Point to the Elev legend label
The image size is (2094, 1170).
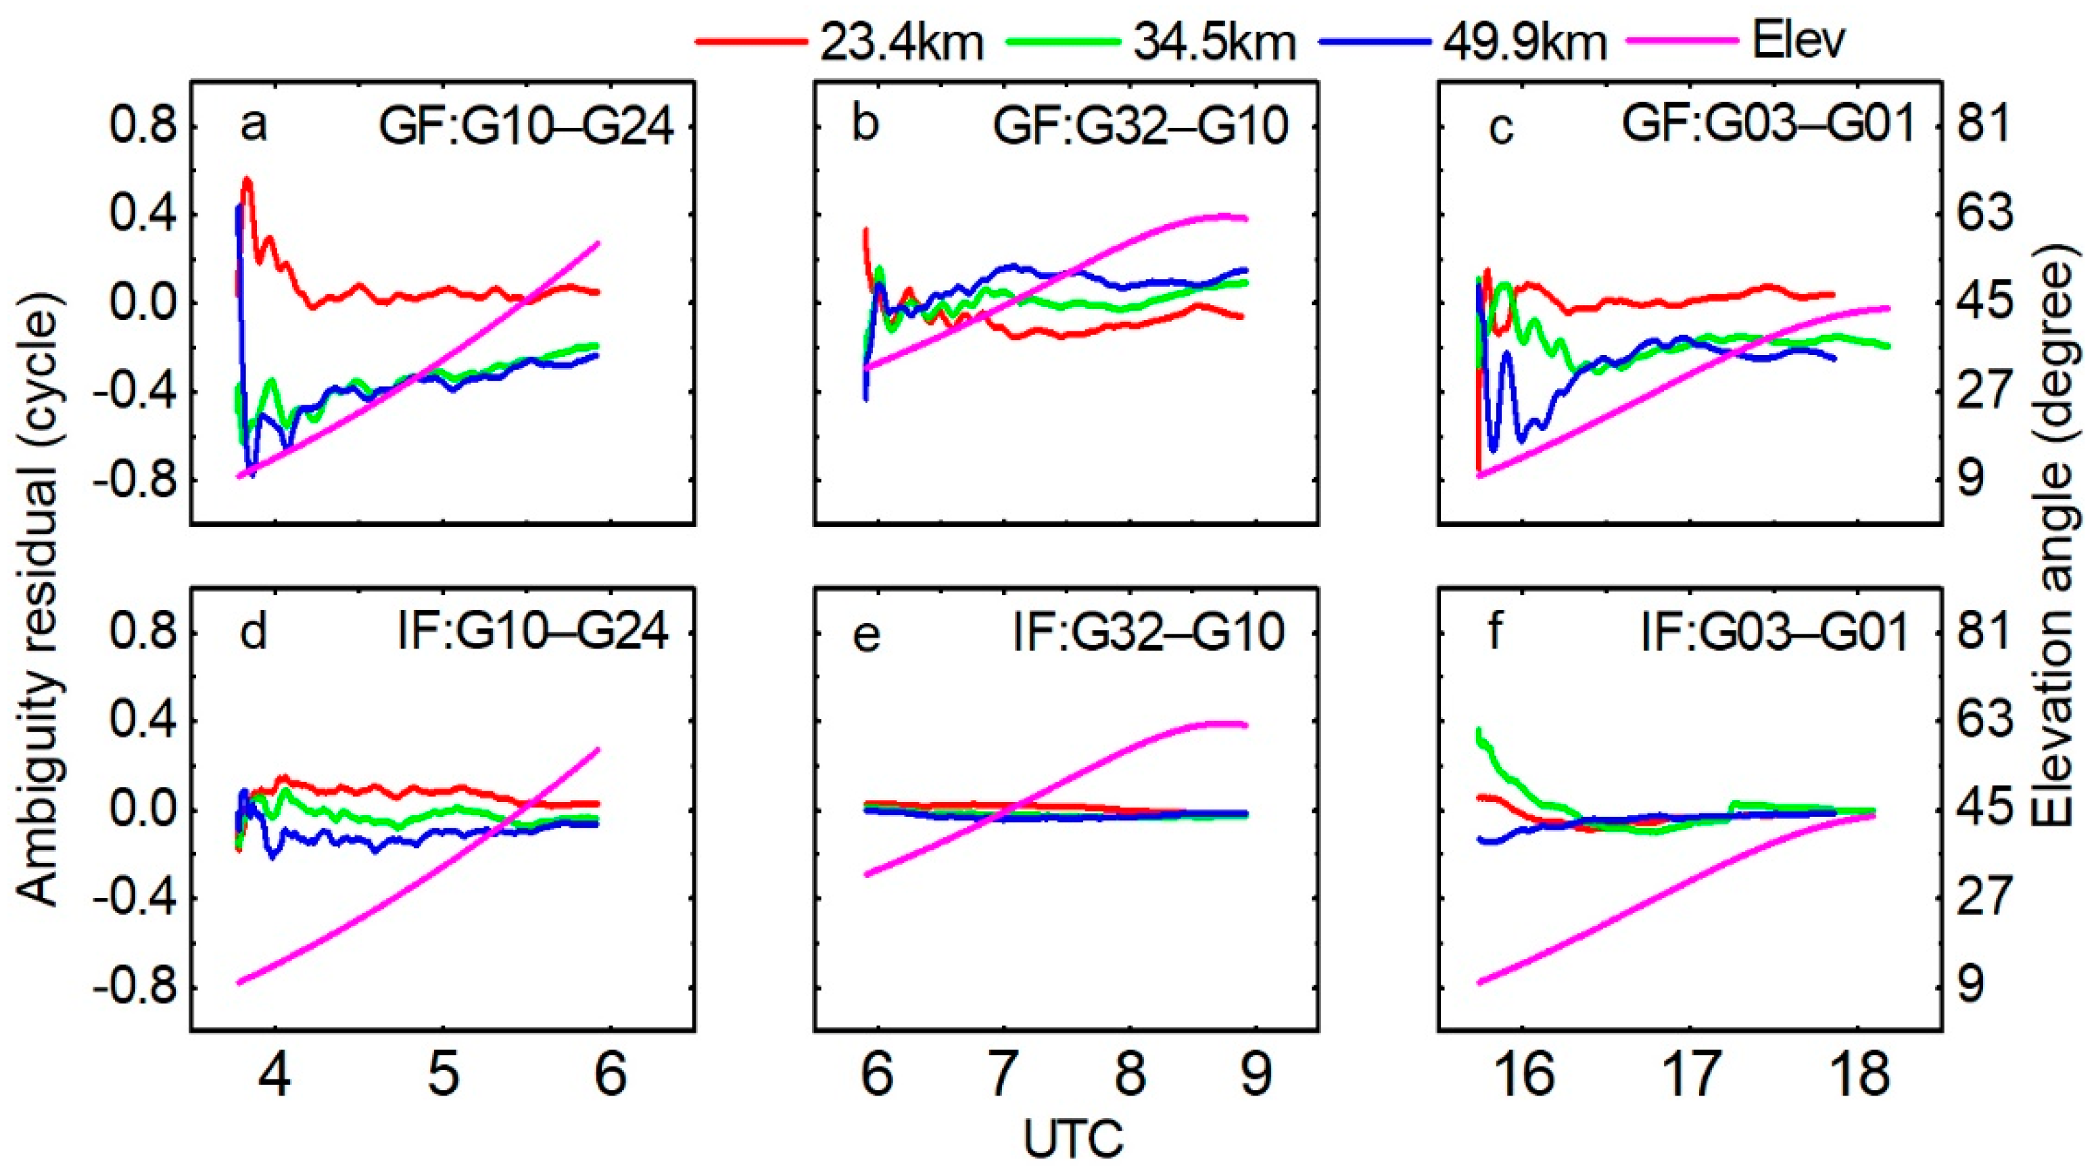1798,41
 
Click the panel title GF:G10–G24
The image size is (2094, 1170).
527,128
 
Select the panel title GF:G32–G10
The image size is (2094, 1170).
1141,128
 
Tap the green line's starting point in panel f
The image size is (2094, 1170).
1479,730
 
